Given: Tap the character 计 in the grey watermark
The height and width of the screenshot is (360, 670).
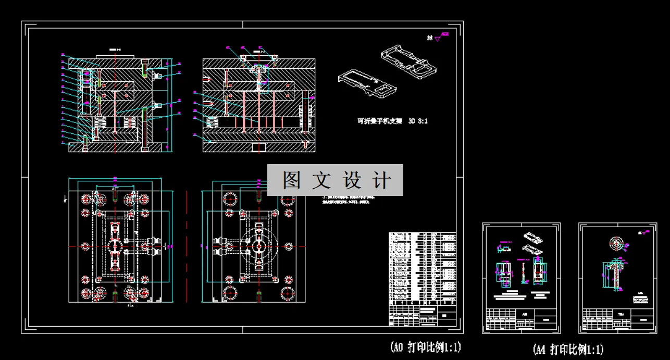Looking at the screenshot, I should coord(382,180).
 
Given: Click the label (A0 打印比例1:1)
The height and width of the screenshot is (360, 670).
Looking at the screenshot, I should coord(425,346).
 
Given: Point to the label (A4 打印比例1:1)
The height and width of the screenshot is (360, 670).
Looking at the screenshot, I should coord(568,349).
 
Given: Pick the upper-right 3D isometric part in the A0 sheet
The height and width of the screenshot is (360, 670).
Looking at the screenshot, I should coord(408,62).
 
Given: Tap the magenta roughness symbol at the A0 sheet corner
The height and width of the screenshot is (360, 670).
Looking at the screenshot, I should coord(444,36).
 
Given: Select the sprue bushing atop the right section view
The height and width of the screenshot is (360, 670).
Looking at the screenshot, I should coord(258,68).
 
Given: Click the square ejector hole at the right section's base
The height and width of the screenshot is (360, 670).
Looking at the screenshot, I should coord(258,147).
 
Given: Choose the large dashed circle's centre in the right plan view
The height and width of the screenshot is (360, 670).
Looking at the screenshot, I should coord(258,245).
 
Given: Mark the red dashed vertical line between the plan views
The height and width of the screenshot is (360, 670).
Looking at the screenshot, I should coord(186,245).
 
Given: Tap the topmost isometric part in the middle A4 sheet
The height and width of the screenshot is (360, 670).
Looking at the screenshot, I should coord(533,236).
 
